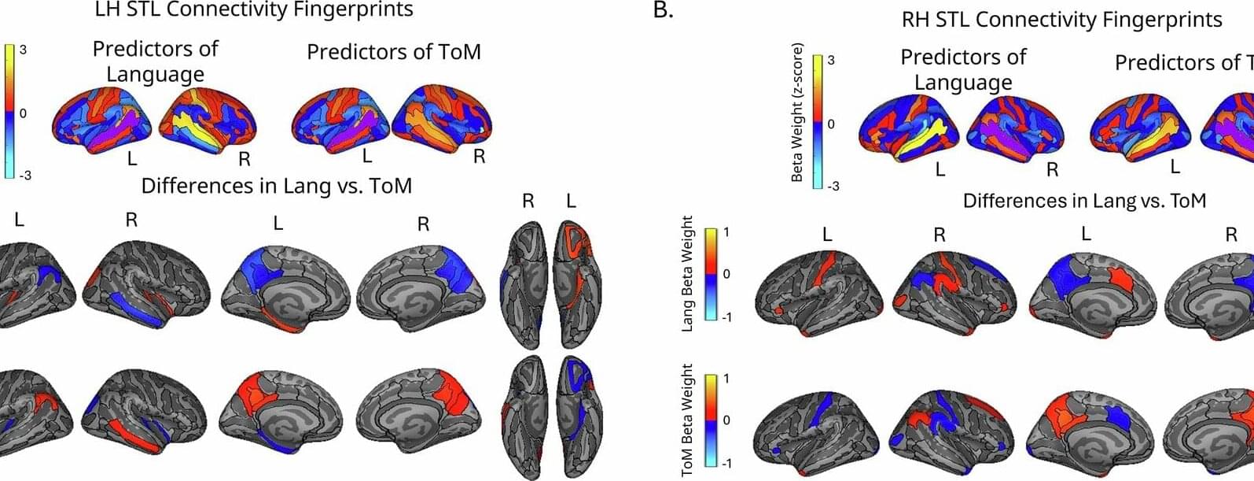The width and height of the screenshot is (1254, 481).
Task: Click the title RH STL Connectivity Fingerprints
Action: (1061, 20)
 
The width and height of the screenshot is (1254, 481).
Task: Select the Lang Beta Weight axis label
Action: (689, 273)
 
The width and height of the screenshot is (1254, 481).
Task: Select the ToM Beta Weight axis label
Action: (689, 420)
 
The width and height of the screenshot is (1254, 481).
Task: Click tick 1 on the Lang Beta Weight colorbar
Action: (726, 233)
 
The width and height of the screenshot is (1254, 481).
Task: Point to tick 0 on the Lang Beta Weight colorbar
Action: (726, 275)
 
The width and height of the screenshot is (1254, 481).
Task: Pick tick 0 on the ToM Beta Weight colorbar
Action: (726, 420)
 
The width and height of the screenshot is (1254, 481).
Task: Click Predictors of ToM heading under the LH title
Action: (393, 52)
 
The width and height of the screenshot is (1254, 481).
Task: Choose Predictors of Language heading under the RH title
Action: (963, 69)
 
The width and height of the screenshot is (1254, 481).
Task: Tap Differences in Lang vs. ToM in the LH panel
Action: (276, 186)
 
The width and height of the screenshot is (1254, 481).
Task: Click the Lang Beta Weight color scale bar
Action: (710, 274)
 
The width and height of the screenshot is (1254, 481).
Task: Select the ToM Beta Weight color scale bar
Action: (710, 420)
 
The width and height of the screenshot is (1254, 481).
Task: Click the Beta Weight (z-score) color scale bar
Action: (817, 123)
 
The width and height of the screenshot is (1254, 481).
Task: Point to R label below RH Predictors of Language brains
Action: (1052, 169)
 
